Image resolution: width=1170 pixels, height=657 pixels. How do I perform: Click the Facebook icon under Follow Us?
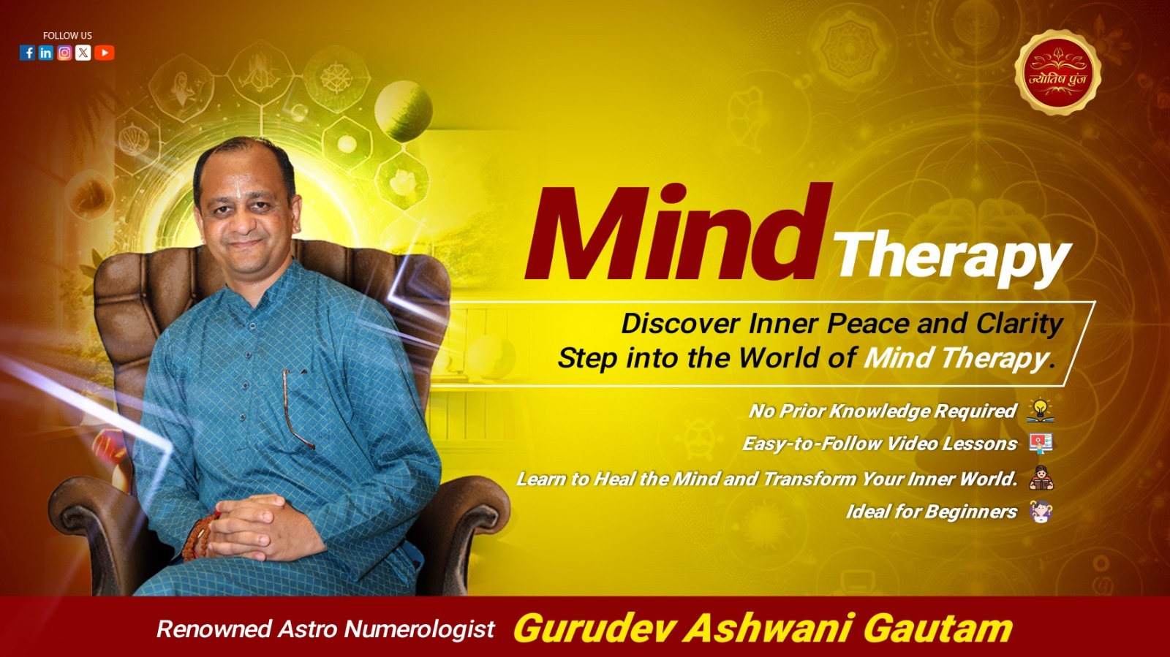click(x=27, y=53)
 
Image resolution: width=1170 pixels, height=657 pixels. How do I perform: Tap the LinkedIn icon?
click(x=46, y=53)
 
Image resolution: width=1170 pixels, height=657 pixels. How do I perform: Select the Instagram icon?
click(x=65, y=53)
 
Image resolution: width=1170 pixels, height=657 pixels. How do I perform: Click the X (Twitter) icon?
click(x=83, y=53)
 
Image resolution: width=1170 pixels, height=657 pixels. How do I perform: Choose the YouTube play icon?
click(x=105, y=53)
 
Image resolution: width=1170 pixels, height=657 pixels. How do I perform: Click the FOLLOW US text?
click(x=67, y=36)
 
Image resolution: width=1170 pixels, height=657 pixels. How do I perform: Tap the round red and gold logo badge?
click(x=1057, y=72)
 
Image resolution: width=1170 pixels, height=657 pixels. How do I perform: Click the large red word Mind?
click(x=678, y=232)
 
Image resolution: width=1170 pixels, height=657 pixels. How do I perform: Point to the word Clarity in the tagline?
click(x=1020, y=324)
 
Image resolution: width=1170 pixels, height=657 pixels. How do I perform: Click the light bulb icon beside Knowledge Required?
click(x=1040, y=410)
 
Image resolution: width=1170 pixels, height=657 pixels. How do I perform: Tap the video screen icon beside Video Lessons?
click(x=1041, y=444)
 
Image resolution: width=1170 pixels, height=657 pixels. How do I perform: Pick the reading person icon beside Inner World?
click(x=1041, y=477)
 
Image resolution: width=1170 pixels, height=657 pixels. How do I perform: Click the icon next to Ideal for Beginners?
click(x=1041, y=511)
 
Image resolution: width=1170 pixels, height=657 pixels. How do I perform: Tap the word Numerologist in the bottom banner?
click(x=420, y=629)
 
